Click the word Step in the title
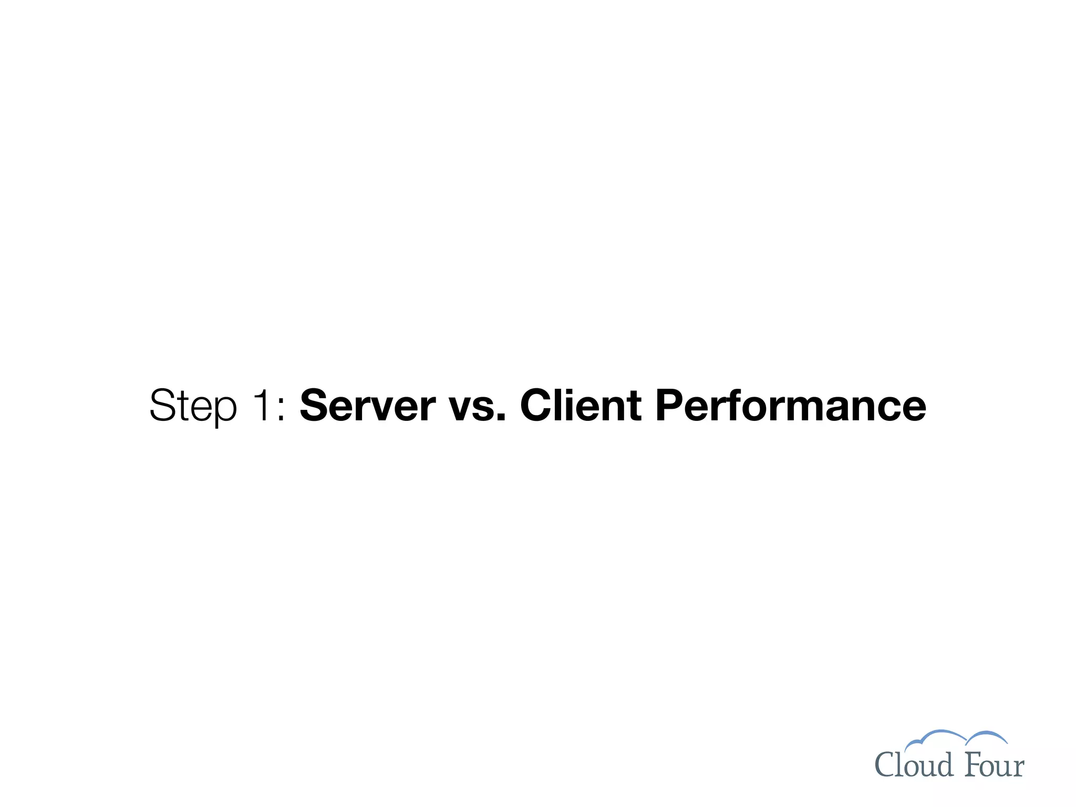pos(193,405)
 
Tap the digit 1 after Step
pos(263,405)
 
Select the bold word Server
pos(367,405)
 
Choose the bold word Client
pos(581,405)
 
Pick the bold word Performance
pos(790,405)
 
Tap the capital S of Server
pos(314,405)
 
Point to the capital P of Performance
pos(669,405)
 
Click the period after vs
pos(501,418)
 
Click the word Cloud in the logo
pos(914,765)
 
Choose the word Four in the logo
pos(995,765)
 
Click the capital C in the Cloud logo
pos(885,765)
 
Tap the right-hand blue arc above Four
pos(988,736)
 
